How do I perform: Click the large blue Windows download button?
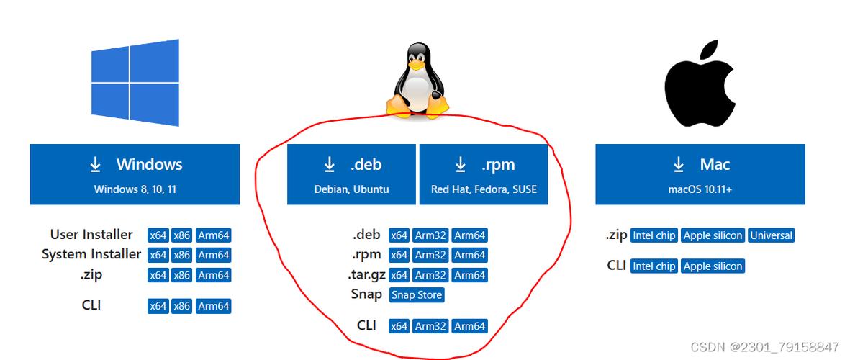135,174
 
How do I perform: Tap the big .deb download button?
351,174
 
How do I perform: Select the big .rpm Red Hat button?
483,174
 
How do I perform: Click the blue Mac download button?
700,174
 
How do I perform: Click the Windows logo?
135,82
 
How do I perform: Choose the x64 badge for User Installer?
158,235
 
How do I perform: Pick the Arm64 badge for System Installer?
213,255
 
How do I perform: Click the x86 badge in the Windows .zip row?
182,275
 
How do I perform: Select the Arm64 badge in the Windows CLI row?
213,306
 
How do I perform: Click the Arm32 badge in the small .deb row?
430,235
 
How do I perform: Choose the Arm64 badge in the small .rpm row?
469,255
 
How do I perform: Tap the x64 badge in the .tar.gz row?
399,275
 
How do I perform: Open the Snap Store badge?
417,294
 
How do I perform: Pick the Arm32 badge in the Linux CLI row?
430,326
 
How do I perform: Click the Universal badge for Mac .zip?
771,235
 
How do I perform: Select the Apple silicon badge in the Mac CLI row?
713,266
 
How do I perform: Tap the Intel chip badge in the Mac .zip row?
654,235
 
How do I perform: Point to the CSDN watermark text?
764,347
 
